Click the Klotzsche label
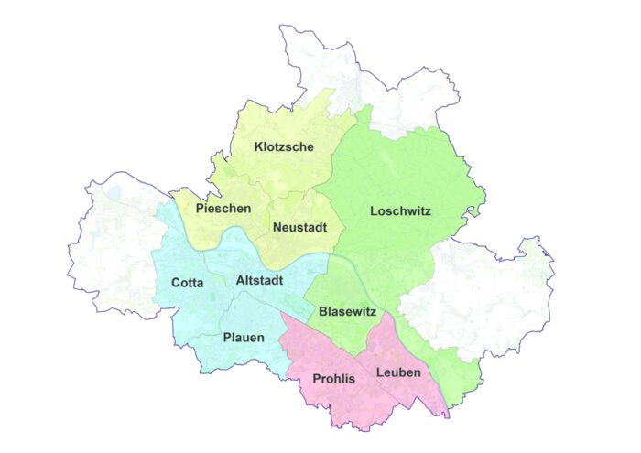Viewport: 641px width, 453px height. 285,146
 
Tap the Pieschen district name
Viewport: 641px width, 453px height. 223,209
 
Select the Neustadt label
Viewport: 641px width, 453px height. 300,226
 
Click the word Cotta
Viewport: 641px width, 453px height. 188,283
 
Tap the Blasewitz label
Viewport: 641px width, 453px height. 348,312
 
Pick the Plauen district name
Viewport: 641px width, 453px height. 244,338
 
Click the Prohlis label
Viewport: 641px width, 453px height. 333,378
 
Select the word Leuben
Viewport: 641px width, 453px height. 398,372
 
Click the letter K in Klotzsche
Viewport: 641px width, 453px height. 259,146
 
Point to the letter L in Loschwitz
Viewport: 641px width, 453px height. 374,211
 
